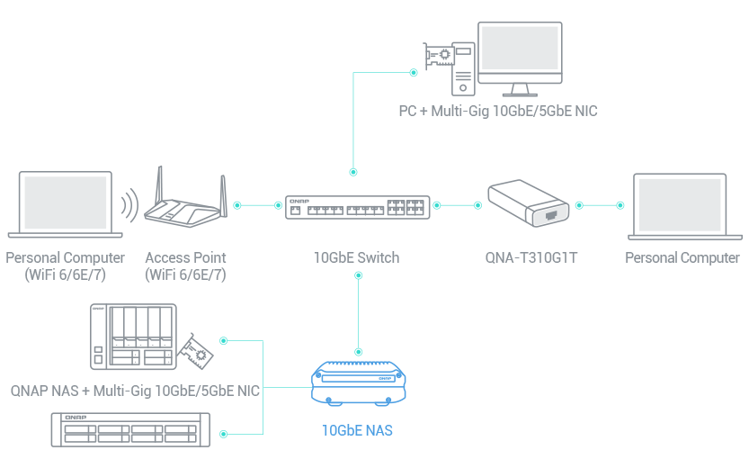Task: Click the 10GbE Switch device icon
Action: click(356, 208)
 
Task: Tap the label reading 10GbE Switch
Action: click(356, 257)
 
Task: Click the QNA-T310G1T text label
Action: click(531, 258)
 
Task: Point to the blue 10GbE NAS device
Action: click(360, 384)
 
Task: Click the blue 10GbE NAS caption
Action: click(357, 431)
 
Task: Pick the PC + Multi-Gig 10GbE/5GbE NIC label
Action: click(498, 112)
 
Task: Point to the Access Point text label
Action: click(185, 258)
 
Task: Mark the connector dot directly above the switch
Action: click(353, 170)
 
